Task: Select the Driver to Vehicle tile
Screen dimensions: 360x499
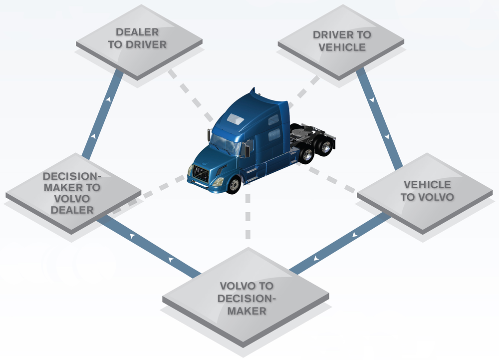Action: pyautogui.click(x=341, y=41)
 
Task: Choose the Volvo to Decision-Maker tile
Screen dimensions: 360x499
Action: pyautogui.click(x=246, y=298)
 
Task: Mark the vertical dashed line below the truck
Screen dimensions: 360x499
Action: pyautogui.click(x=248, y=215)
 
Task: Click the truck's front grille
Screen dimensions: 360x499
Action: pyautogui.click(x=201, y=175)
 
